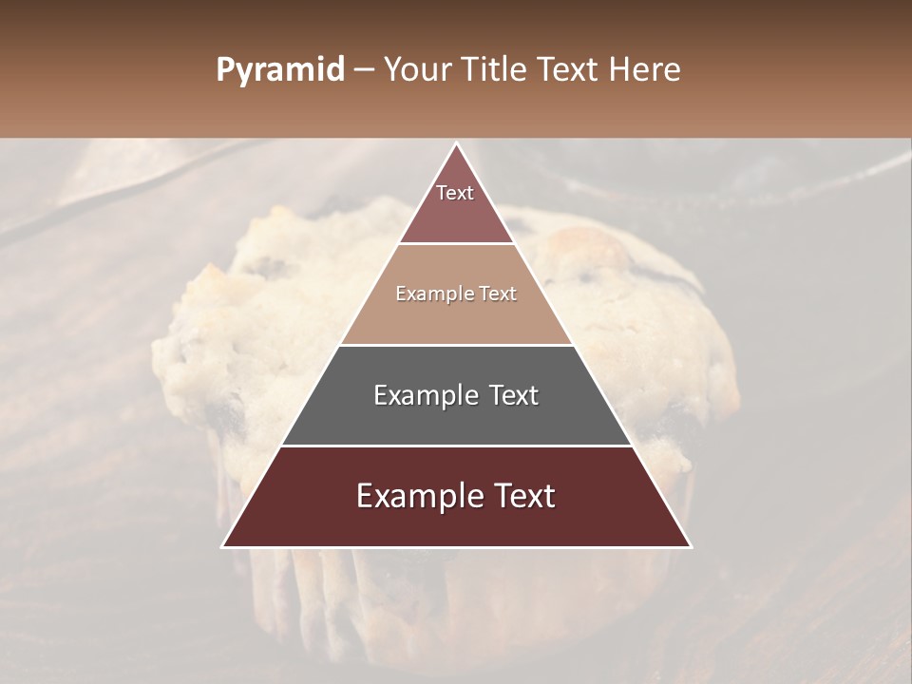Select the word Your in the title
pos(417,70)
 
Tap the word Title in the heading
pos(496,70)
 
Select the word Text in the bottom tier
pos(522,496)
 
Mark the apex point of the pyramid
pos(457,143)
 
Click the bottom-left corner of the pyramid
pos(223,546)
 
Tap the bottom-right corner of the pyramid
pos(691,546)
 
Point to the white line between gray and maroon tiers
pos(456,446)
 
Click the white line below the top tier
pos(456,244)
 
